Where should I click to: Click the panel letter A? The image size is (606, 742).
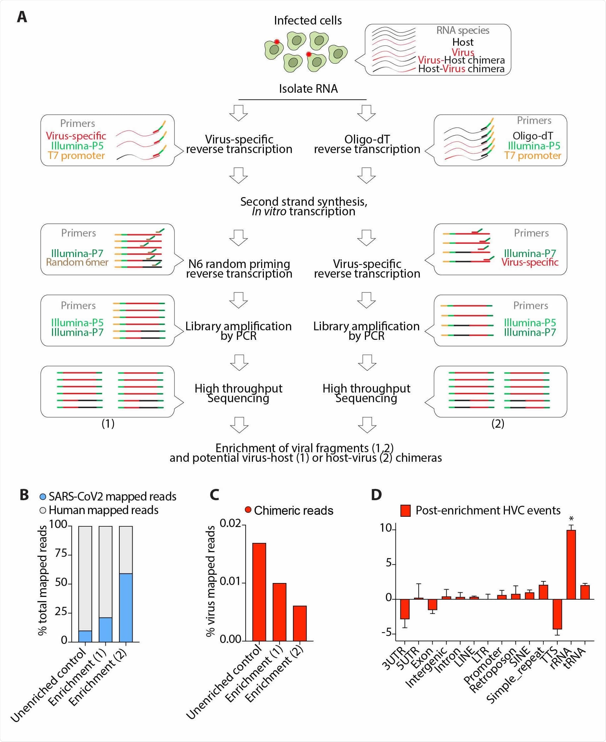click(x=22, y=17)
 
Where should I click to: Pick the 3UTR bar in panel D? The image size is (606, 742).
click(x=404, y=609)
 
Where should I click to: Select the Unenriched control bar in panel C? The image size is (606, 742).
click(x=259, y=592)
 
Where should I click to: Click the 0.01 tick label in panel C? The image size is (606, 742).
click(x=230, y=581)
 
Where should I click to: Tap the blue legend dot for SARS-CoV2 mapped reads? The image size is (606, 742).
click(x=43, y=497)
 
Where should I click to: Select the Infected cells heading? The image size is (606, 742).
click(x=308, y=21)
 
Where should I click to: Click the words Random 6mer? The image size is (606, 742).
click(x=77, y=262)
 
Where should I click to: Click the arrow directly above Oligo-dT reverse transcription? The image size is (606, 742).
click(x=366, y=113)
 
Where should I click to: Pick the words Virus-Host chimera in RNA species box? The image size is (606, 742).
click(x=461, y=60)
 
